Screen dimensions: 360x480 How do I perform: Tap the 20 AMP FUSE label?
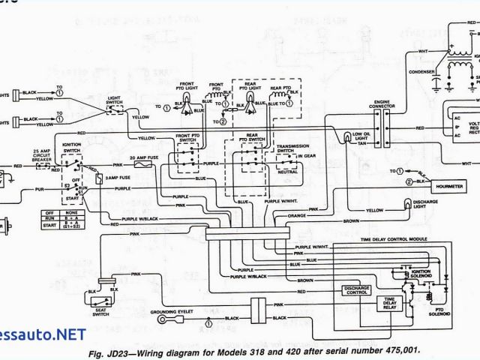143,157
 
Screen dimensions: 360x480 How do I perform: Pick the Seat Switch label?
99,310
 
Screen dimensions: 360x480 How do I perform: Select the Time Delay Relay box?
393,302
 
